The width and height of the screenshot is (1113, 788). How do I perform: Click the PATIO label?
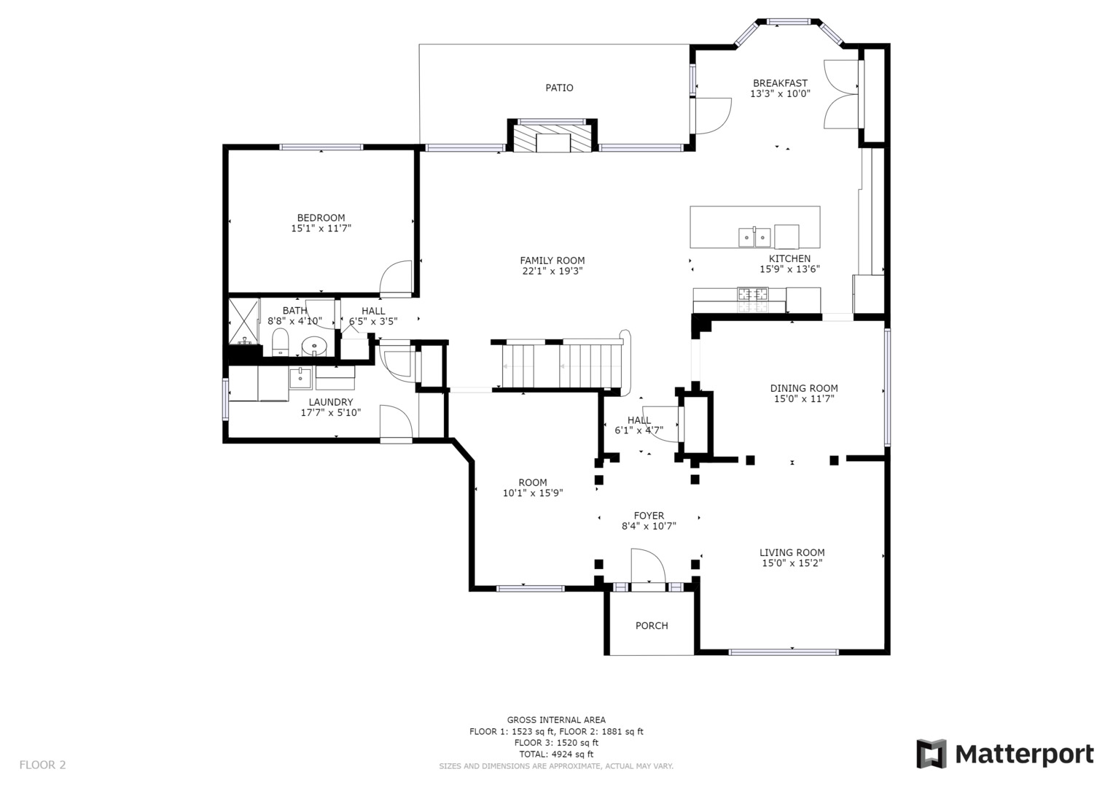[x=559, y=88]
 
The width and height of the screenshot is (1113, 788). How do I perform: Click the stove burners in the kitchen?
[x=752, y=295]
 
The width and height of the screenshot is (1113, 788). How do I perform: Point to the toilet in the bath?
[x=281, y=341]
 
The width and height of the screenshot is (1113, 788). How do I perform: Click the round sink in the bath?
[x=314, y=346]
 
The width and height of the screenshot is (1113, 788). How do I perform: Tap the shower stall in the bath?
[x=244, y=321]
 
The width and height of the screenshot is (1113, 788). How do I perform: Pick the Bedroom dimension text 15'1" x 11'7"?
[x=321, y=228]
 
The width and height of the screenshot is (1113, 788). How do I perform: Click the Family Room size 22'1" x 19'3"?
[x=552, y=271]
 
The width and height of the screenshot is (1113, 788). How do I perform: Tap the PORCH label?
[x=651, y=625]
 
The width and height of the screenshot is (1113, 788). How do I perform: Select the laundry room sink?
[x=300, y=378]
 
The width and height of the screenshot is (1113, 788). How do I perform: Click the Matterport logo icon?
[x=931, y=754]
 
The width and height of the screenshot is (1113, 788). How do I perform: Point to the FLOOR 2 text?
[x=42, y=765]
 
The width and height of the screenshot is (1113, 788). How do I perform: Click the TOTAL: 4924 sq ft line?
[x=555, y=754]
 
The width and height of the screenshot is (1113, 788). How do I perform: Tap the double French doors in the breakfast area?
[x=842, y=93]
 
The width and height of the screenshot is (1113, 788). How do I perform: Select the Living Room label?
[x=792, y=552]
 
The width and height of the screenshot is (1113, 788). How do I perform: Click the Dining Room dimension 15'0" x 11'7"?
[x=803, y=398]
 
